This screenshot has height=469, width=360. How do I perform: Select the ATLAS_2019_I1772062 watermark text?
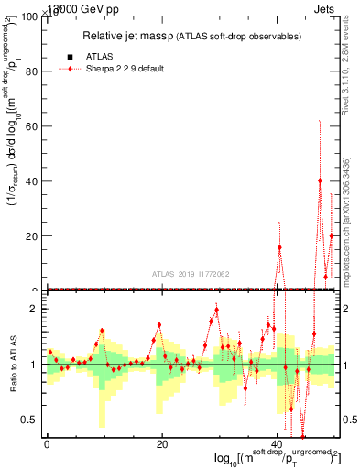[x=191, y=273]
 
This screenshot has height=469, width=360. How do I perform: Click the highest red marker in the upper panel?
[x=320, y=180]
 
